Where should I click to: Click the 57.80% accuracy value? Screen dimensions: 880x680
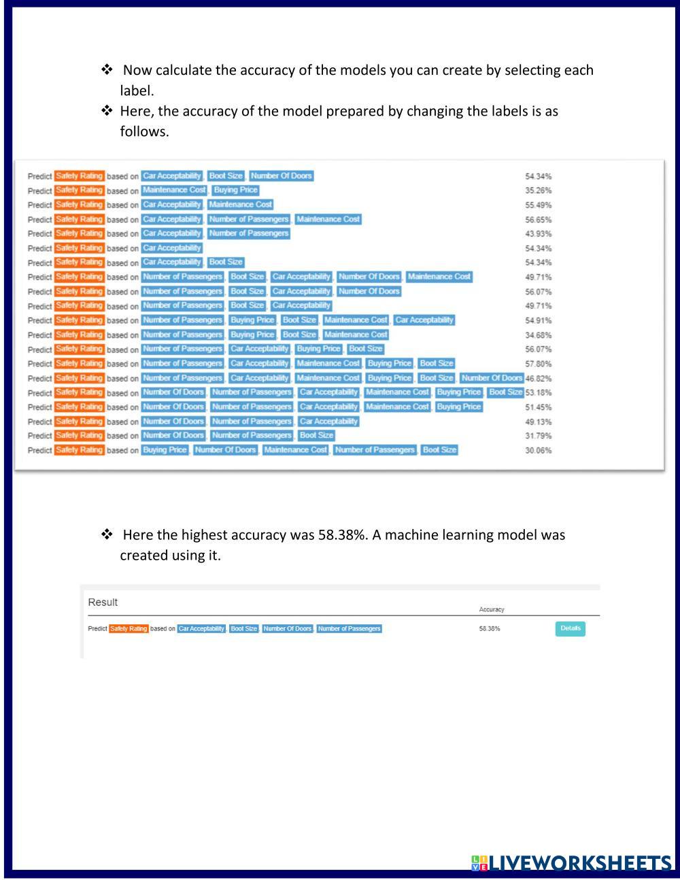[538, 364]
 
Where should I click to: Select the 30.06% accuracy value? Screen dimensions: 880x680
[538, 450]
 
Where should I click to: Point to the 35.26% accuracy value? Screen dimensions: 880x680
[538, 190]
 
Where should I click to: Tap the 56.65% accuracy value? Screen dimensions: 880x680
[538, 220]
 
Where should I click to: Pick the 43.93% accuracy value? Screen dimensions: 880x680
[538, 234]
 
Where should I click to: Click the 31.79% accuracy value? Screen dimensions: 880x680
[538, 436]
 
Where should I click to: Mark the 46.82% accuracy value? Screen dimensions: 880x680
[538, 378]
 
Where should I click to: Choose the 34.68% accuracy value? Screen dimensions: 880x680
[538, 335]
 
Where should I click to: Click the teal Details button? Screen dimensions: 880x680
[570, 628]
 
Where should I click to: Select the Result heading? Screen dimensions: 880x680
[103, 602]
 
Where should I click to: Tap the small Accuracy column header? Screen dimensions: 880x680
[492, 609]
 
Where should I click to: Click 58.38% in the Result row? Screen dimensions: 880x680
[489, 628]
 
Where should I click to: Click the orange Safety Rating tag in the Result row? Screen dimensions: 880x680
[129, 628]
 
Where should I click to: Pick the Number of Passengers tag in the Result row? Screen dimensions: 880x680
[349, 628]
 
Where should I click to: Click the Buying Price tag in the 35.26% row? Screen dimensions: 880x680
[235, 190]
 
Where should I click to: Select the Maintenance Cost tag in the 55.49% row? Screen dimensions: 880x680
[240, 205]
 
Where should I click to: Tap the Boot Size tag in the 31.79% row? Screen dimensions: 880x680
[316, 435]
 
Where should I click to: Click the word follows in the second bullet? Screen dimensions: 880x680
[143, 131]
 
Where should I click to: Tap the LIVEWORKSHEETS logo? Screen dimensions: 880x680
[571, 863]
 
